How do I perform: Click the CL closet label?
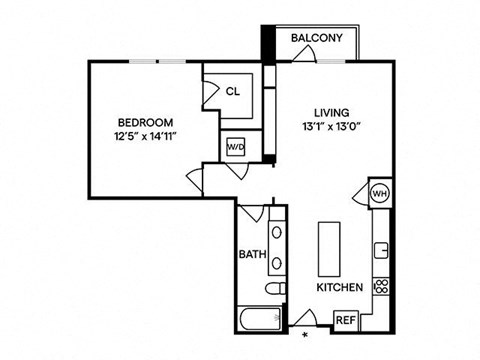coord(232,91)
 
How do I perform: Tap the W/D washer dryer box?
coord(237,147)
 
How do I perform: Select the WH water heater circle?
coord(380,192)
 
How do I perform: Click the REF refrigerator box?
coord(345,320)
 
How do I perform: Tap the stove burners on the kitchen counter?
coord(381,286)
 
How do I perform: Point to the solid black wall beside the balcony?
coord(267,44)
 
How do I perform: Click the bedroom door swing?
coord(196,181)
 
